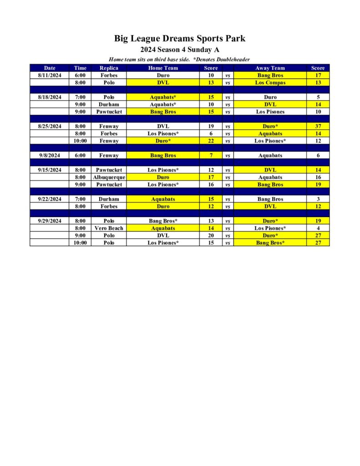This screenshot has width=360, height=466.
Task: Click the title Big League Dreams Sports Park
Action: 180,39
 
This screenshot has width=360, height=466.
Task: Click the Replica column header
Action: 109,68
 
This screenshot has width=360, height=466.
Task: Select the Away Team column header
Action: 270,68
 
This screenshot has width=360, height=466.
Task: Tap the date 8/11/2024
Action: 50,75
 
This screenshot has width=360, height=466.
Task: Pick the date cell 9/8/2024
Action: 50,156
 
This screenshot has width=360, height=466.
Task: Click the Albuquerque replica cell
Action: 109,177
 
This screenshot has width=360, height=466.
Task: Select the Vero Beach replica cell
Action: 109,228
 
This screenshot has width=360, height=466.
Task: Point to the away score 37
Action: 318,127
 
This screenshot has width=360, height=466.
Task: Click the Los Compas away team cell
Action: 270,83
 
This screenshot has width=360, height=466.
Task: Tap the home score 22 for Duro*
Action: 211,141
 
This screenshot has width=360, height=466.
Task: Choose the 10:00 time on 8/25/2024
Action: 80,141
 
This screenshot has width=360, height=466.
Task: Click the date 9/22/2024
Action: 50,199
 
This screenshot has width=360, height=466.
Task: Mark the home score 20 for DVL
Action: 211,236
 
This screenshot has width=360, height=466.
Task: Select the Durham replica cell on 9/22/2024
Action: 109,199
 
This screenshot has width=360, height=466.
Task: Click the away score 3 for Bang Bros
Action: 318,199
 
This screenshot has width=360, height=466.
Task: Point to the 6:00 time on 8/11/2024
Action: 80,75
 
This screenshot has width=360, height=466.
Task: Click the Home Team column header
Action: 163,68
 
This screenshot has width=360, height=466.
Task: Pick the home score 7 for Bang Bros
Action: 211,156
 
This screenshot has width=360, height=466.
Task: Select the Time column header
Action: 80,68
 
